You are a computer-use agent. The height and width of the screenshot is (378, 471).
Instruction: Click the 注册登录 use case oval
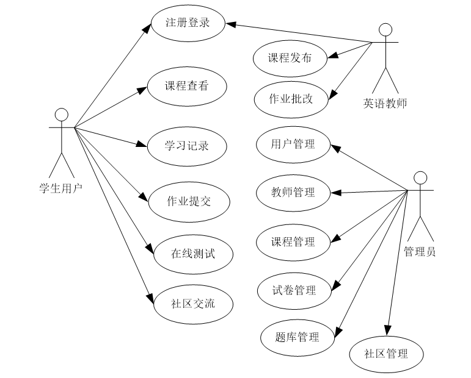pos(188,24)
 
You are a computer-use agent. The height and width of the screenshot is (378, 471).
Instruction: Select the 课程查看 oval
pos(186,86)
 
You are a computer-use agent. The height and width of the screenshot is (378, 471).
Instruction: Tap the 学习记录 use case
pos(186,146)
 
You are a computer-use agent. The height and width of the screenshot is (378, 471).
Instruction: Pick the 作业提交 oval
pos(189,201)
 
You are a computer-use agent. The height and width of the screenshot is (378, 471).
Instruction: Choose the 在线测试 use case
pos(193,252)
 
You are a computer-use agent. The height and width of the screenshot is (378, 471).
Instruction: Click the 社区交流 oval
pos(193,302)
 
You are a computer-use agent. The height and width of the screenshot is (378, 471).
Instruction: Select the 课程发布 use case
pos(290,58)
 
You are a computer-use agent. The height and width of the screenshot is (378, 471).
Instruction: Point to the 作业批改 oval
pos(291,98)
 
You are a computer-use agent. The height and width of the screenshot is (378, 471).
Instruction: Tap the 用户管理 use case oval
pos(293,144)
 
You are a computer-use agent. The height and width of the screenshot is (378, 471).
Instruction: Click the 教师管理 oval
pos(293,193)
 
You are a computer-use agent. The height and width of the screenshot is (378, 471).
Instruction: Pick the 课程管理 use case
pos(293,241)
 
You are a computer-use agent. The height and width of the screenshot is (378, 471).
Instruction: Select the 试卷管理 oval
pos(294,290)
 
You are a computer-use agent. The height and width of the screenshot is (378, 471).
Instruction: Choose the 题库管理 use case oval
pos(298,337)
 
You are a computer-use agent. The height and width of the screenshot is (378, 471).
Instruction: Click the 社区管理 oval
pos(385,353)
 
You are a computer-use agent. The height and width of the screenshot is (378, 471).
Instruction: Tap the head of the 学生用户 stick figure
pos(61,115)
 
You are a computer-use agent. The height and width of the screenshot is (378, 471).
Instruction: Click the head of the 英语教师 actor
pos(385,30)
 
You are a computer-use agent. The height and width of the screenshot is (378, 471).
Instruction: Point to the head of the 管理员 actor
pos(420,178)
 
